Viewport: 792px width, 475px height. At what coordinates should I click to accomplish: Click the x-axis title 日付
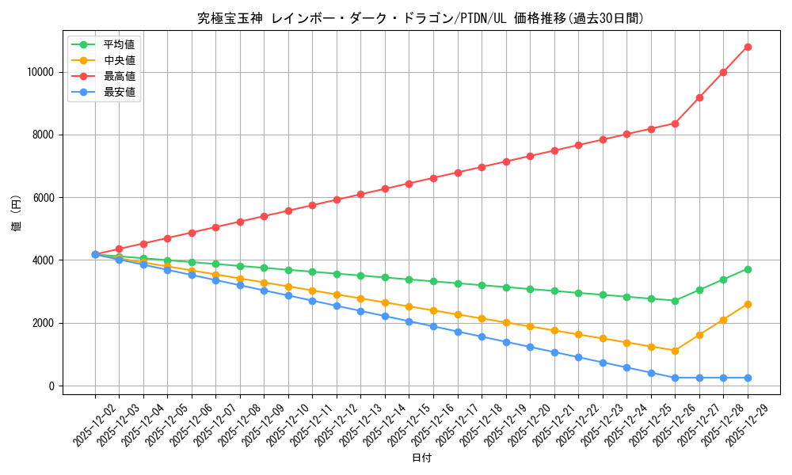(421, 458)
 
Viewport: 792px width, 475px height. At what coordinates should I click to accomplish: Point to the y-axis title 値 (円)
(17, 214)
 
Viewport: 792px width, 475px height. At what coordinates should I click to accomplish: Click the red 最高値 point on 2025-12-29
(748, 47)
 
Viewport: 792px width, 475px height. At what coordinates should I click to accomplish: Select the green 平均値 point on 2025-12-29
(748, 269)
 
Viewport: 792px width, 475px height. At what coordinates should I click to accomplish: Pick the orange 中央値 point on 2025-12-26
(675, 351)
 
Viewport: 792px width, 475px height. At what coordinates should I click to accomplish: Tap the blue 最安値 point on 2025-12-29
(748, 378)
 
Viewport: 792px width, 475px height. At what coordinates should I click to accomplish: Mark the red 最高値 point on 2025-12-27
(699, 97)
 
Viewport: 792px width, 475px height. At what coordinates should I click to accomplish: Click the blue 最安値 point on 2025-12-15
(409, 321)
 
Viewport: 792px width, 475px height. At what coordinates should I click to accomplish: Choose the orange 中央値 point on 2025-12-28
(723, 320)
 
